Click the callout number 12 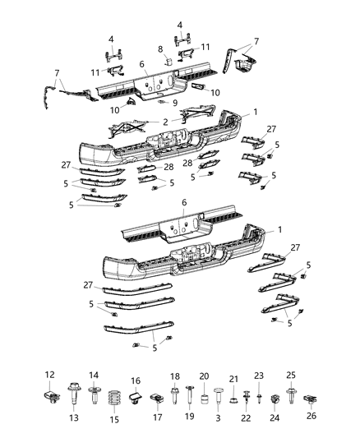tap(48, 375)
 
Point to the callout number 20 tap(204, 376)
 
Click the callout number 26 tap(310, 416)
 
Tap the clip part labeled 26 tap(309, 402)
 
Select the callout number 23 tap(260, 375)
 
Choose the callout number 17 tap(156, 417)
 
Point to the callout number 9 tap(173, 103)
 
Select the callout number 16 tap(136, 381)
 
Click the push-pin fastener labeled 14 tap(93, 393)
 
